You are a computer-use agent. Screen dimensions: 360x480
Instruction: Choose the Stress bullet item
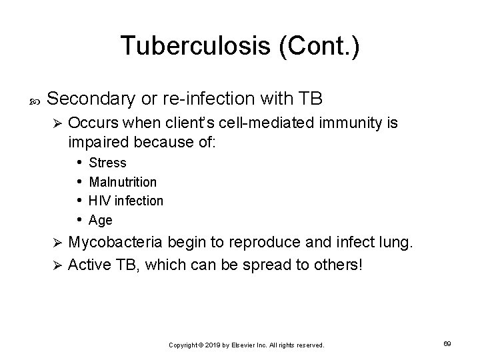[x=107, y=163]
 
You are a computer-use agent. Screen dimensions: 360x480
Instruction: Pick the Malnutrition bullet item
[x=123, y=181]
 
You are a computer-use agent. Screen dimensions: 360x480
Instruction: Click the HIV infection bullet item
[x=126, y=201]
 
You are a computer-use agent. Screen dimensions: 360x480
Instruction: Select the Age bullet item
[x=101, y=220]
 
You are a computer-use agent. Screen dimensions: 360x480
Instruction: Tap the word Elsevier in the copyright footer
[x=246, y=345]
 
